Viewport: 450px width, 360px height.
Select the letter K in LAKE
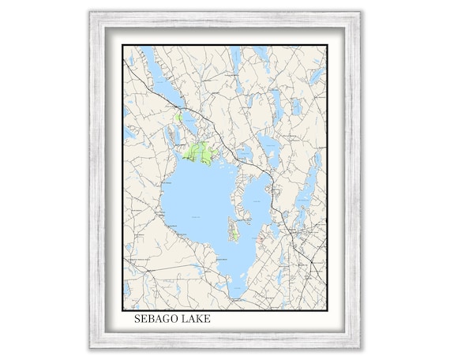(x=201, y=321)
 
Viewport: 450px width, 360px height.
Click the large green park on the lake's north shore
(x=200, y=152)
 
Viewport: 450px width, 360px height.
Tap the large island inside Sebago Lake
(x=234, y=229)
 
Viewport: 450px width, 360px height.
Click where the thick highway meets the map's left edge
(x=125, y=60)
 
